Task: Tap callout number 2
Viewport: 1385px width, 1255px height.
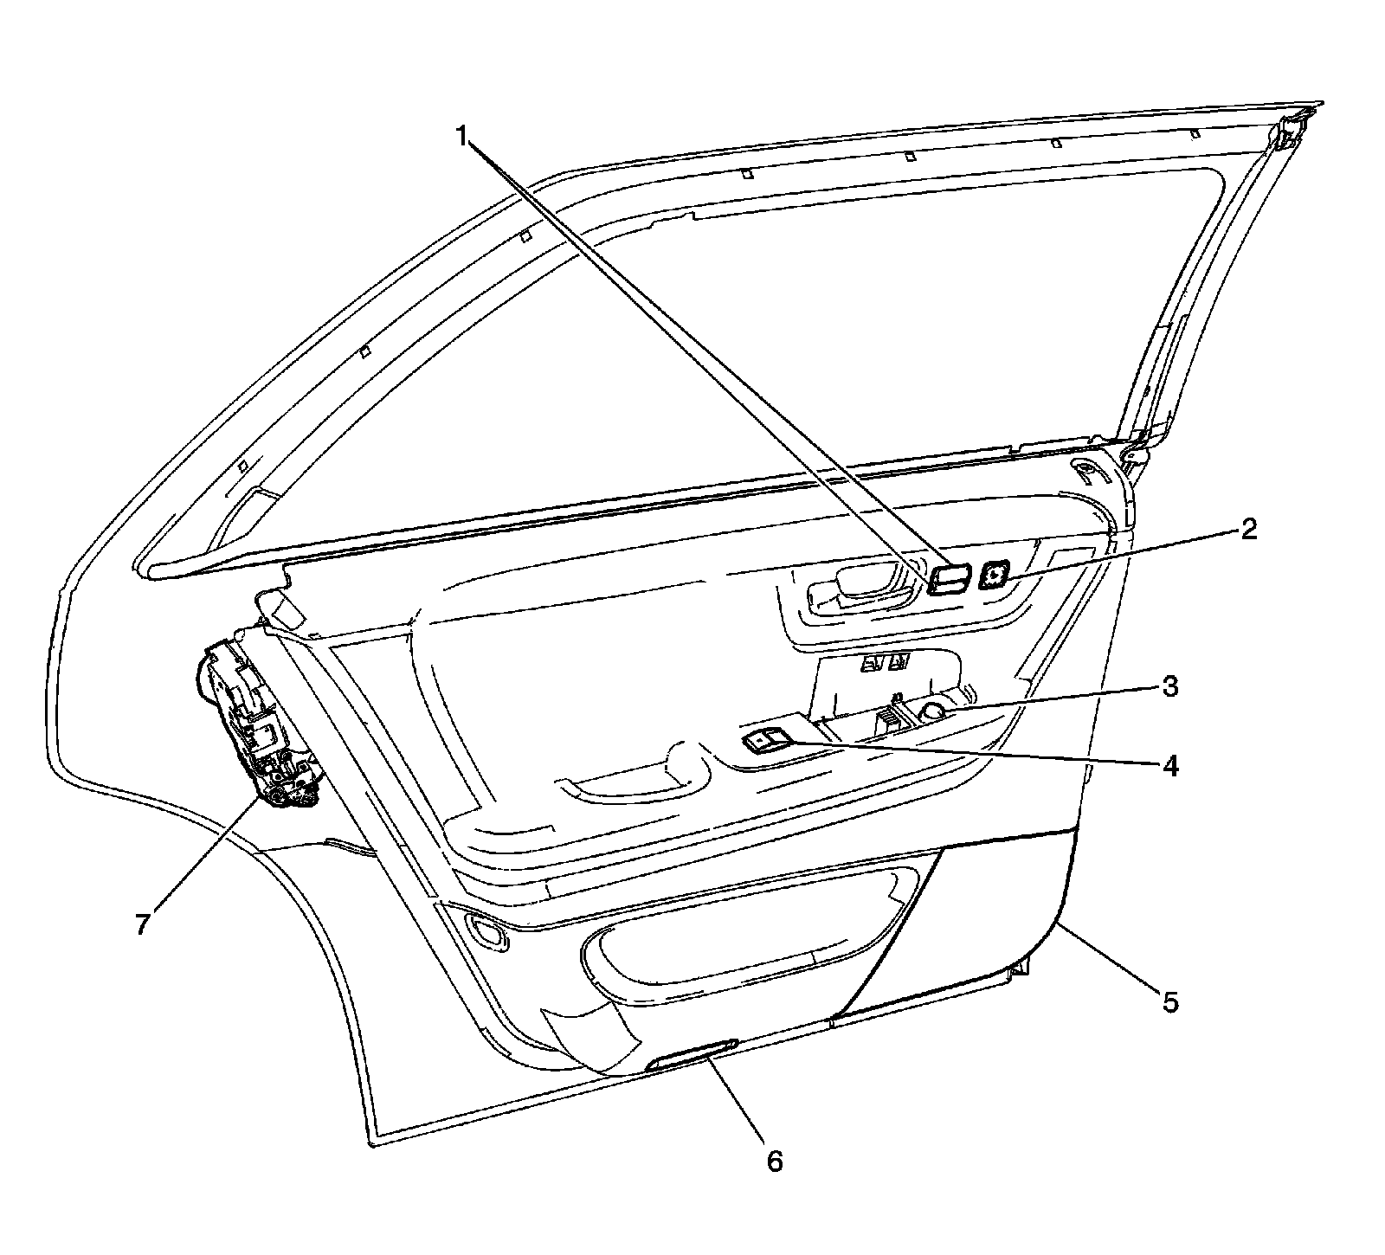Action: click(x=1247, y=531)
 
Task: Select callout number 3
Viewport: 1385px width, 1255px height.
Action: click(x=1169, y=687)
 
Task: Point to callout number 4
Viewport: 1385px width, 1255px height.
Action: click(x=1169, y=765)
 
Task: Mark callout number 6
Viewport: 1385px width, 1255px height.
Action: click(x=775, y=1161)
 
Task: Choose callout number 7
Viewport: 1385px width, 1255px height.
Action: click(x=143, y=923)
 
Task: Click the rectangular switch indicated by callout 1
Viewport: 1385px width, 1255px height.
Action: click(x=948, y=579)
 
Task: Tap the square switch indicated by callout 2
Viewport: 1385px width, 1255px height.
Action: click(x=994, y=574)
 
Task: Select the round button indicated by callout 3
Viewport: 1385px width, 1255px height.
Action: click(x=933, y=711)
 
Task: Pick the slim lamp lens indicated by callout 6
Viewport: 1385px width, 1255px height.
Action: click(x=692, y=1054)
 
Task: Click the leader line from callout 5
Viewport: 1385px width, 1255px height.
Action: click(x=1112, y=961)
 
